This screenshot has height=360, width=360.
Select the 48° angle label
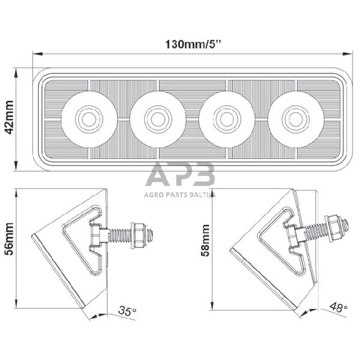pos(339,308)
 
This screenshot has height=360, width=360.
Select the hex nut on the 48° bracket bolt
pos(333,224)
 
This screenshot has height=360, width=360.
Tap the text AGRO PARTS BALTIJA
pos(181,194)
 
